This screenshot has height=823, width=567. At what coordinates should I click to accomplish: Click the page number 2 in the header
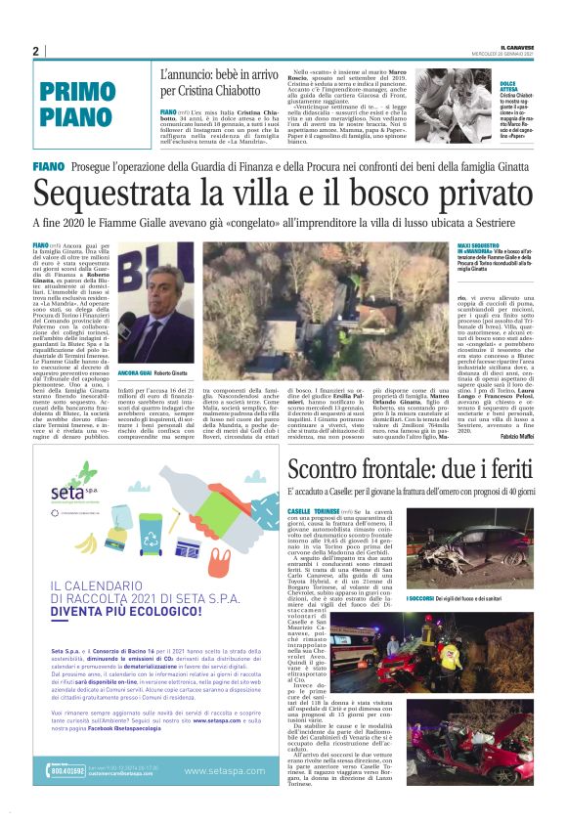(x=35, y=52)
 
